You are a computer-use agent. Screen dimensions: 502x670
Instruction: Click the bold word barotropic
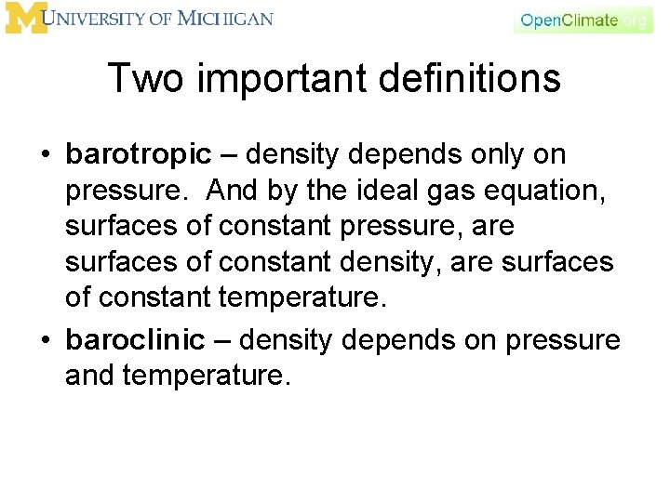click(139, 154)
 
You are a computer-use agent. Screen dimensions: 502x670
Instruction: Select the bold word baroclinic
click(136, 340)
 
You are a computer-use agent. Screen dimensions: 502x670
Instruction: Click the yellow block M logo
click(24, 18)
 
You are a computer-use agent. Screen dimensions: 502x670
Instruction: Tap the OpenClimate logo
click(583, 20)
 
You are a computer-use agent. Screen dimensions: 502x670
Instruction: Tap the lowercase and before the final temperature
click(90, 376)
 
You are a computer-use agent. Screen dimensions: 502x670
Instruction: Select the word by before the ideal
click(281, 191)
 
